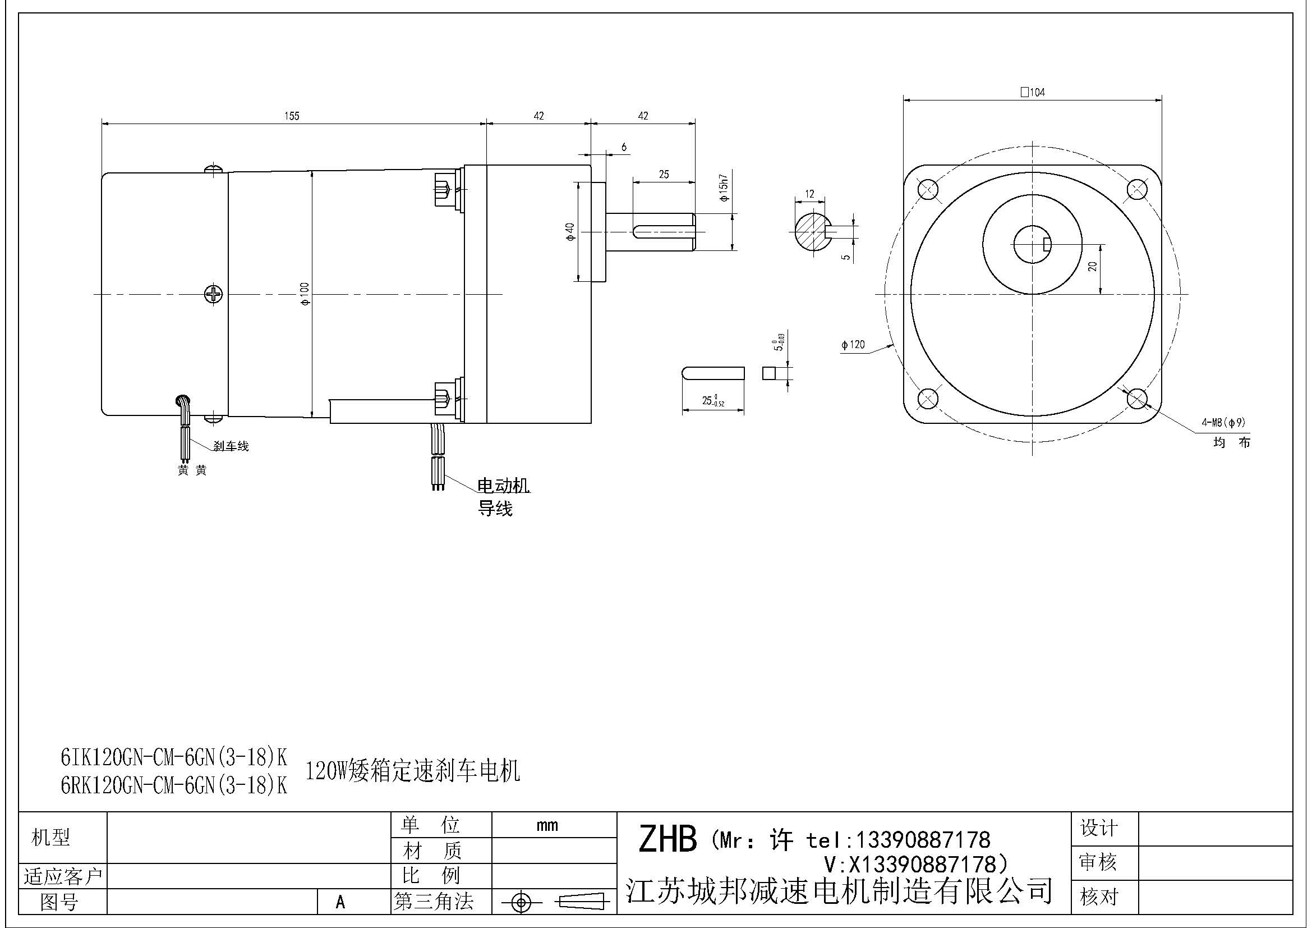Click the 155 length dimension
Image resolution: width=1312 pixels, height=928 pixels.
(292, 116)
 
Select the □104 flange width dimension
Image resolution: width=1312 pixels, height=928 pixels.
(1033, 92)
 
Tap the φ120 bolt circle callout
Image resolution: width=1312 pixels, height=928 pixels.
(853, 345)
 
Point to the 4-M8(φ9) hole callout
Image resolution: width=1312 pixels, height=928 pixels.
(1223, 423)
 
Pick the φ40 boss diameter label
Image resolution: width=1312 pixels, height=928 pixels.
(570, 231)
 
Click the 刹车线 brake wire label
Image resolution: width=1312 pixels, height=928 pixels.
(231, 446)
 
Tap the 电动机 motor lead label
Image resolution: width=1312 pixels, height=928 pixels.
(503, 486)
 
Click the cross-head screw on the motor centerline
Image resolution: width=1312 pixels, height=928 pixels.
(213, 295)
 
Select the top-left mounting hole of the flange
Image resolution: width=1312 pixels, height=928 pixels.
(927, 189)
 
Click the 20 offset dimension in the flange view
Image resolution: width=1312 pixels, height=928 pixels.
(1093, 267)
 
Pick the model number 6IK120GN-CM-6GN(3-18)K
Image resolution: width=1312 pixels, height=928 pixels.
(174, 757)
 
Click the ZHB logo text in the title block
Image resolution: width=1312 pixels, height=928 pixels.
(667, 839)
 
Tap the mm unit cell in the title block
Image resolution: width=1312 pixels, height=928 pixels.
(547, 825)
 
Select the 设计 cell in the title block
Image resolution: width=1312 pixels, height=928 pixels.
(1098, 828)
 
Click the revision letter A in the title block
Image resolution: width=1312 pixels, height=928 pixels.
(340, 902)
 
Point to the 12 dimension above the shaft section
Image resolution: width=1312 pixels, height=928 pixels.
(809, 194)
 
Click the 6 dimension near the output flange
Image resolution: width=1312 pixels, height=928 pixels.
(623, 147)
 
